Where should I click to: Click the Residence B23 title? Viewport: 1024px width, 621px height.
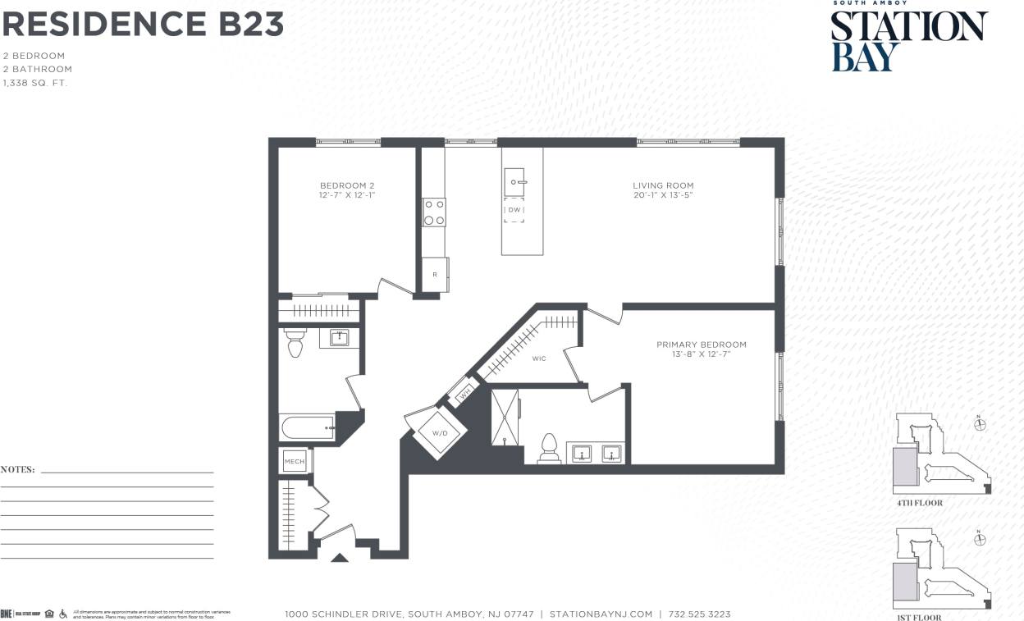143,25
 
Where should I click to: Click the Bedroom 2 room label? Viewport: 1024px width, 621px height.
347,190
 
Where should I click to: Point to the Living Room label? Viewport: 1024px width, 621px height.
663,190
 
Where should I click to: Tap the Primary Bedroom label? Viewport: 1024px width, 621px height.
702,349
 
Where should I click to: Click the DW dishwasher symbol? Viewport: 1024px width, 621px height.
514,210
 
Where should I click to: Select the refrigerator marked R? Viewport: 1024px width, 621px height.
435,275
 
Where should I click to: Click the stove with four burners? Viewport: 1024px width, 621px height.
434,212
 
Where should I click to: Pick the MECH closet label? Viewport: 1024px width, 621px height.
294,462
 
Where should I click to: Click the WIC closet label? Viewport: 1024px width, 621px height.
539,358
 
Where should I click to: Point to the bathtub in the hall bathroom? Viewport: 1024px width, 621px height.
308,427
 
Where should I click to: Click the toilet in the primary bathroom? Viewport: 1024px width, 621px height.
550,450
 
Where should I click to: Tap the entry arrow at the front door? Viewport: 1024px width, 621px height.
339,558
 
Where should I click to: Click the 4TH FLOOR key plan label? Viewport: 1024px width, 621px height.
919,502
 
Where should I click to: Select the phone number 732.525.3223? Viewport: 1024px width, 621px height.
699,614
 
